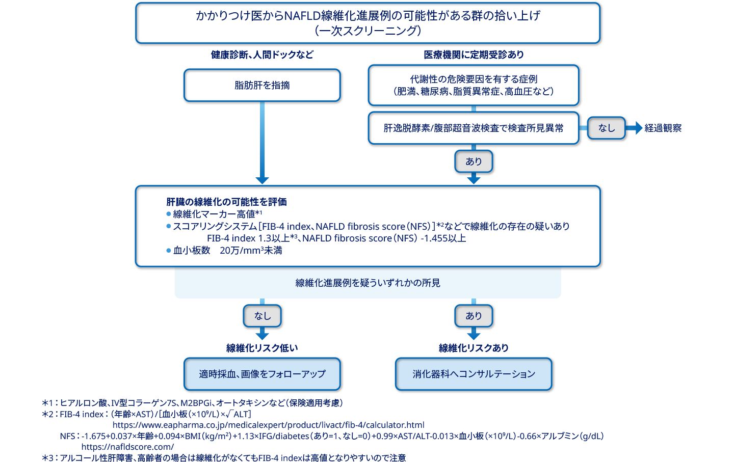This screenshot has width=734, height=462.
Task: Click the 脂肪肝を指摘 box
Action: pyautogui.click(x=262, y=86)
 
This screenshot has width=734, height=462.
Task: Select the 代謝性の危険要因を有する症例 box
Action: pyautogui.click(x=474, y=85)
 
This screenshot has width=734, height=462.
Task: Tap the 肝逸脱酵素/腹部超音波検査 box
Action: pyautogui.click(x=474, y=128)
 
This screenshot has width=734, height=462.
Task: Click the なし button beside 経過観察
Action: pyautogui.click(x=606, y=128)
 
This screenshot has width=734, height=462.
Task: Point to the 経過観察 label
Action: pyautogui.click(x=663, y=128)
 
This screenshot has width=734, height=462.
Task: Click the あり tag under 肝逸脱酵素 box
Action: pyautogui.click(x=474, y=161)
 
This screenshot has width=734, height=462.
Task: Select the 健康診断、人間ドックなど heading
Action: pyautogui.click(x=262, y=55)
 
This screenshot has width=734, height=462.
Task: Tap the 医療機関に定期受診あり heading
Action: pyautogui.click(x=474, y=55)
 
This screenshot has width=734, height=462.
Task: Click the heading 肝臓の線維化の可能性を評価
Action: pyautogui.click(x=226, y=202)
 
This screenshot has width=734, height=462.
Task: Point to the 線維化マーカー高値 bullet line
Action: pyautogui.click(x=217, y=214)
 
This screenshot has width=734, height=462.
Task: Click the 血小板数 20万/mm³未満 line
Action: pyautogui.click(x=227, y=251)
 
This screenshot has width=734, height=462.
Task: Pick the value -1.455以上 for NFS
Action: pyautogui.click(x=443, y=238)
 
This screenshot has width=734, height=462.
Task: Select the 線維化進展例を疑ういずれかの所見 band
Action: pyautogui.click(x=368, y=283)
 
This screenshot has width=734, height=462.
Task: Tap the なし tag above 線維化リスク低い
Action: pyautogui.click(x=262, y=316)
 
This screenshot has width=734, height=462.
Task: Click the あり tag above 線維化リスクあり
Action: pyautogui.click(x=474, y=316)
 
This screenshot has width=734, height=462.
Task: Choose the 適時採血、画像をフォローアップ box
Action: pyautogui.click(x=262, y=374)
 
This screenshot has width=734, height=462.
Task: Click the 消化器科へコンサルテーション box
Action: pyautogui.click(x=474, y=374)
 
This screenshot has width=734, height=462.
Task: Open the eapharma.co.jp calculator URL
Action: pyautogui.click(x=268, y=425)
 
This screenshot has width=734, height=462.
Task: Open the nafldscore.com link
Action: pyautogui.click(x=127, y=447)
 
